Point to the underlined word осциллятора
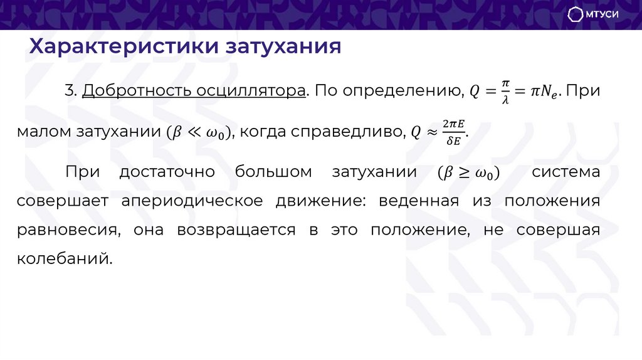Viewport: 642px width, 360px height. point(251,92)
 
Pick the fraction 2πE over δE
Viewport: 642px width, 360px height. point(453,132)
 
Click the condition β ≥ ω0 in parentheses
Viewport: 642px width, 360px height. point(468,172)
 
